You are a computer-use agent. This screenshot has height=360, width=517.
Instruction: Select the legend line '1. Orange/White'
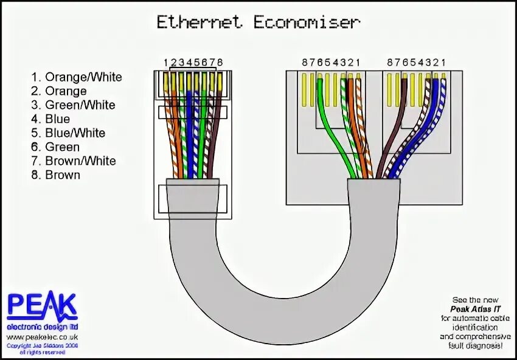click(77, 77)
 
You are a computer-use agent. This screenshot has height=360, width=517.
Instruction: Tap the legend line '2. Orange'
click(59, 91)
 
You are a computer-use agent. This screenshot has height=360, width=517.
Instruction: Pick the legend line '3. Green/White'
click(73, 105)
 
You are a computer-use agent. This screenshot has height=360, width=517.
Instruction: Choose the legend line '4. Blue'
click(50, 119)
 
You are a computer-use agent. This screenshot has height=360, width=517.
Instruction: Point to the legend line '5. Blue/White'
click(68, 133)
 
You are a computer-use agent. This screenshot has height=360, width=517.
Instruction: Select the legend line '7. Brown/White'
click(74, 161)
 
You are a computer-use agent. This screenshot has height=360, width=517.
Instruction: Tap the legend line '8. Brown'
click(56, 175)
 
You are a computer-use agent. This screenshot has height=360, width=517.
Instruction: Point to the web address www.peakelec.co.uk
click(42, 336)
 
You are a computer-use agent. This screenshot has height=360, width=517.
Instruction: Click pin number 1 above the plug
click(165, 62)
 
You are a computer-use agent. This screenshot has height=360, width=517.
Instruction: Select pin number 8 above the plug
click(220, 62)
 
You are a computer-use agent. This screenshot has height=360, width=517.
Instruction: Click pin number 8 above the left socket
click(305, 62)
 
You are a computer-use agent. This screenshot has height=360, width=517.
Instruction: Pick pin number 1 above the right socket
click(443, 62)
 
